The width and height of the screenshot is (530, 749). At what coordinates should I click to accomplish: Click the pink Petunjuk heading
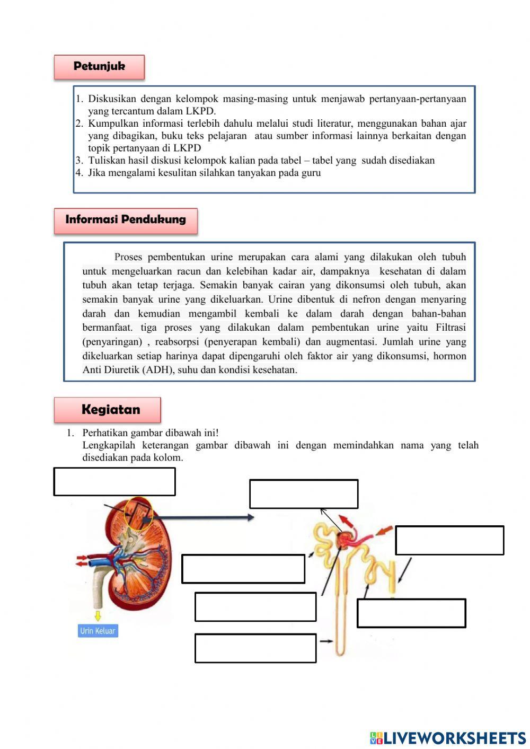pyautogui.click(x=99, y=67)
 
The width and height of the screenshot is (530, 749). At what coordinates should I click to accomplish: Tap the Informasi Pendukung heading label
pyautogui.click(x=126, y=220)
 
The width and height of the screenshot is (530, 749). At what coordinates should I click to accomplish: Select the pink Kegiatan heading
pyautogui.click(x=108, y=410)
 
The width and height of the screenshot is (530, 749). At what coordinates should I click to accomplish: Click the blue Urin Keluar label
pyautogui.click(x=98, y=631)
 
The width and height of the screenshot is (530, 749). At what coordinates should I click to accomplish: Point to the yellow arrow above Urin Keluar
pyautogui.click(x=98, y=615)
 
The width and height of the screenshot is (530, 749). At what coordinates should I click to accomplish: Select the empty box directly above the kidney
pyautogui.click(x=114, y=481)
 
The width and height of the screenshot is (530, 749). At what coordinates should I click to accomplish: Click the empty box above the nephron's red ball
pyautogui.click(x=304, y=494)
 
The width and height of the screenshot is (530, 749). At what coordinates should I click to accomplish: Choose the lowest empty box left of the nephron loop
pyautogui.click(x=255, y=648)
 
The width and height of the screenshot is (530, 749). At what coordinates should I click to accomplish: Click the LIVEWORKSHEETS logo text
pyautogui.click(x=454, y=738)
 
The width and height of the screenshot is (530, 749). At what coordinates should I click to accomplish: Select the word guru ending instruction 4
pyautogui.click(x=311, y=173)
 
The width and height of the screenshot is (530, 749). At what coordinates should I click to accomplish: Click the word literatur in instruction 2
pyautogui.click(x=332, y=124)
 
